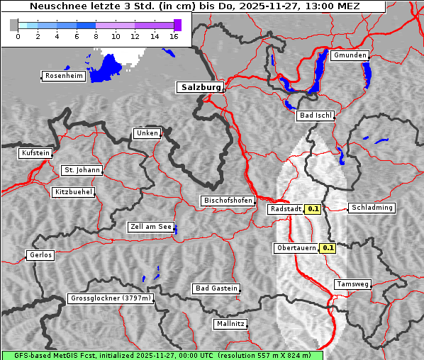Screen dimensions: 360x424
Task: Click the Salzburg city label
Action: click(x=200, y=87)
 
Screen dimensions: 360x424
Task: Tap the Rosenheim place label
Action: click(x=64, y=76)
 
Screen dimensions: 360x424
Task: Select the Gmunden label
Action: click(x=350, y=55)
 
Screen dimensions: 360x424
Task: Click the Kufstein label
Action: click(x=35, y=153)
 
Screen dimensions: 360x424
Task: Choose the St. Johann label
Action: click(x=82, y=170)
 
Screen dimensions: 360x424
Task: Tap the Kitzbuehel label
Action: click(x=73, y=192)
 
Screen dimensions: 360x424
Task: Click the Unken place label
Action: click(x=146, y=133)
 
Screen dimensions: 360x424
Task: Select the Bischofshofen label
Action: click(x=228, y=201)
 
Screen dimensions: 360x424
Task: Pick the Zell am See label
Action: click(x=151, y=227)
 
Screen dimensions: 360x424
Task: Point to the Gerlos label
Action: click(x=40, y=255)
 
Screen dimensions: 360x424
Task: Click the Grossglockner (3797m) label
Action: click(x=111, y=298)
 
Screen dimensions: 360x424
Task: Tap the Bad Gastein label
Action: click(x=216, y=288)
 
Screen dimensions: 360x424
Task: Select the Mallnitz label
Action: click(x=230, y=324)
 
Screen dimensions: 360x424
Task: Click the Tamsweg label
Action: click(x=352, y=284)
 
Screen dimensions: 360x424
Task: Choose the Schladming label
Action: click(x=372, y=208)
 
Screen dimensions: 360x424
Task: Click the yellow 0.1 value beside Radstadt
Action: click(x=313, y=209)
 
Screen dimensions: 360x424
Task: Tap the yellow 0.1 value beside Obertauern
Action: click(x=328, y=248)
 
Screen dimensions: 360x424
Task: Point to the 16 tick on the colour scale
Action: click(x=174, y=36)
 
